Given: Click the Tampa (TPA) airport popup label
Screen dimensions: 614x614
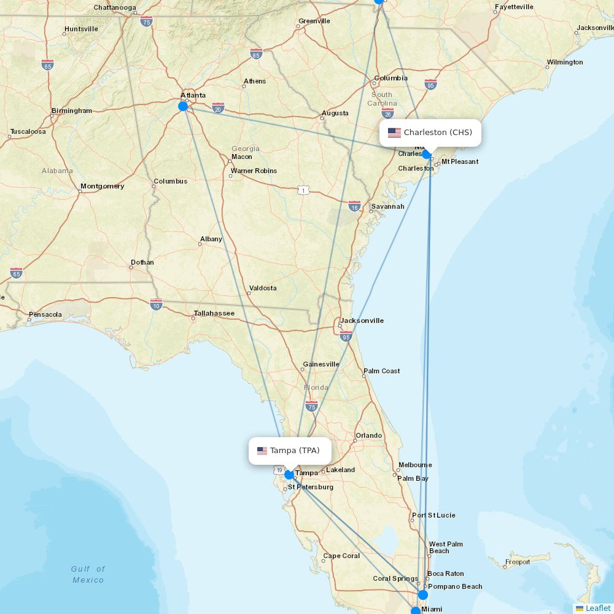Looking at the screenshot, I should tap(290, 451).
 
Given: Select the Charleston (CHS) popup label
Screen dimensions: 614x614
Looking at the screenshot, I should tap(430, 133).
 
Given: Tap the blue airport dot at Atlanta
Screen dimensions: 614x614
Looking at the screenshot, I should tap(183, 106).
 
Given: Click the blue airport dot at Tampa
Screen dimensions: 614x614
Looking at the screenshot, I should tap(289, 475).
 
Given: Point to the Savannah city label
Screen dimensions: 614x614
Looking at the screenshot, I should tap(387, 207).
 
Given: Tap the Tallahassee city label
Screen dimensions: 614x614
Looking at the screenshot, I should tap(214, 313).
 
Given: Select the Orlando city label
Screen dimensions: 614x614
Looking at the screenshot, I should tap(368, 435).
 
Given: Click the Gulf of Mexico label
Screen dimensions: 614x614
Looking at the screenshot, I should tap(88, 575).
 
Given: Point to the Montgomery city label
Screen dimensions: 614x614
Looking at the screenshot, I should tap(102, 186).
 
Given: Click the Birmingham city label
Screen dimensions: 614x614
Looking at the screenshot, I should tap(72, 111).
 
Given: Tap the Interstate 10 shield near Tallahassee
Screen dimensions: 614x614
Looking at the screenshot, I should tap(156, 304).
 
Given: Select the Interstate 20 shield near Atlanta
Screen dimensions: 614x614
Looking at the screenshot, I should tap(218, 108).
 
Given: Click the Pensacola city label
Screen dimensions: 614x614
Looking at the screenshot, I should tap(45, 315).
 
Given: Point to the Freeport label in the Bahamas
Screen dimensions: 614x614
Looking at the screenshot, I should tap(517, 562).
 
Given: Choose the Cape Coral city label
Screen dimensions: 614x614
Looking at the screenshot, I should tap(341, 556).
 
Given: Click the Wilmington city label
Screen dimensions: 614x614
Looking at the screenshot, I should tap(565, 62).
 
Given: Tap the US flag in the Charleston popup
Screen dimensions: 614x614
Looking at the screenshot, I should tap(394, 133).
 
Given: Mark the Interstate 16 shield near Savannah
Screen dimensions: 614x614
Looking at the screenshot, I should tap(354, 206).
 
